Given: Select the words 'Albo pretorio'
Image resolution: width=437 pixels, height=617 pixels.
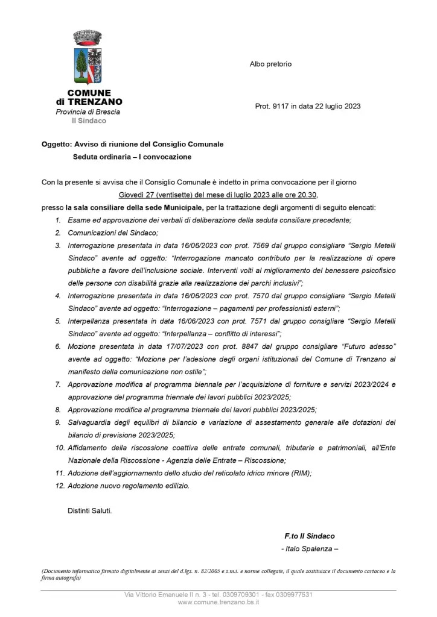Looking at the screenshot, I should tap(270, 64).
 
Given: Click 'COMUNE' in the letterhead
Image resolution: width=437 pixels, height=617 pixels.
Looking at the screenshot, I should tap(89, 93).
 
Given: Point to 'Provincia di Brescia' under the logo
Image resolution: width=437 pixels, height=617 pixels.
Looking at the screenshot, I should tap(88, 112).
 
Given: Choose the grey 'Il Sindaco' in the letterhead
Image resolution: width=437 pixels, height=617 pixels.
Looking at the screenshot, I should tap(89, 121).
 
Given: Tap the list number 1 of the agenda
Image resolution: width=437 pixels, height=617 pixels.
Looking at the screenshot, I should tap(58, 220).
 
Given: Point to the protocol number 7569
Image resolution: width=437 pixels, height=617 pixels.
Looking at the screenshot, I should tap(265, 245).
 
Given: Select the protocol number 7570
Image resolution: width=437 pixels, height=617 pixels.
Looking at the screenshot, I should tap(265, 296).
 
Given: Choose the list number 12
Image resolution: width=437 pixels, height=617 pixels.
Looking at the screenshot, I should tap(60, 486).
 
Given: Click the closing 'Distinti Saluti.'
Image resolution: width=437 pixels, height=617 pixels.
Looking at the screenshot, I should tap(89, 511).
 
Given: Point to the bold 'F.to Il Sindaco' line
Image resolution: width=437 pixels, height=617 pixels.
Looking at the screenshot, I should tap(310, 536).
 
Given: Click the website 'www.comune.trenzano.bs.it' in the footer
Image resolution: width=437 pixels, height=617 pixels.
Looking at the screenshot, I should tap(218, 603).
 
